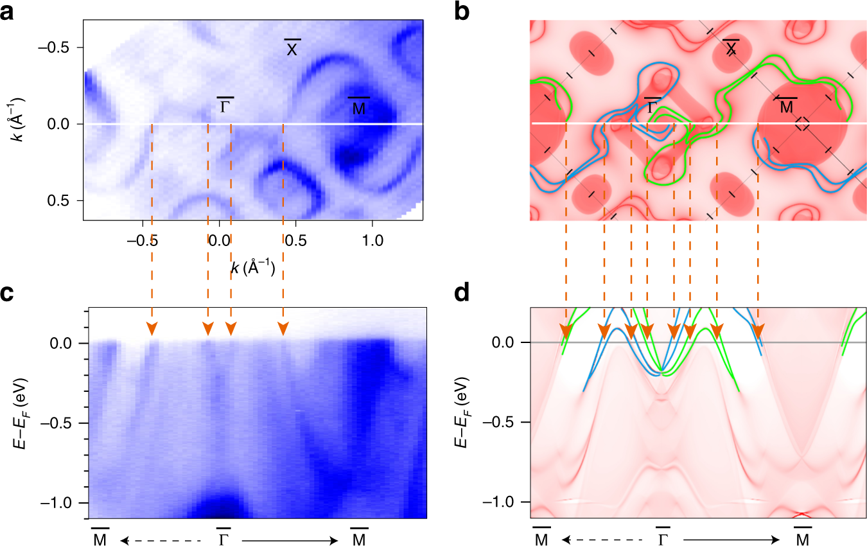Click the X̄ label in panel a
pos(292,48)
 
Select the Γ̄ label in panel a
pos(225,105)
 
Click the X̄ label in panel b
pos(730,48)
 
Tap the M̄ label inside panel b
pos(786,106)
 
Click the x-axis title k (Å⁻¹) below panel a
pos(253,268)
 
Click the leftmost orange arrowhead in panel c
pos(152,329)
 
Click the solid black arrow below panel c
pos(289,541)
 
